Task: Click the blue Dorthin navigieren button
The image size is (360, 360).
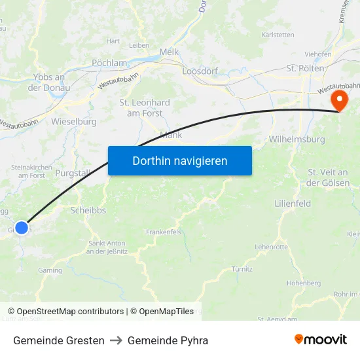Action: click(x=179, y=160)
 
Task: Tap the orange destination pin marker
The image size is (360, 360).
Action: click(x=340, y=100)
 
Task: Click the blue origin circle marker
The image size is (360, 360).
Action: click(x=22, y=227)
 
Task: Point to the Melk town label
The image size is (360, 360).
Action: click(x=170, y=52)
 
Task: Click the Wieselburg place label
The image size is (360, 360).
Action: click(x=73, y=122)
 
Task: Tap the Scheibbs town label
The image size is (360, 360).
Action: click(x=88, y=211)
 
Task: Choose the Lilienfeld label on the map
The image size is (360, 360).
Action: click(x=293, y=204)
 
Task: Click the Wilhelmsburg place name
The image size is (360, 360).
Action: click(x=297, y=139)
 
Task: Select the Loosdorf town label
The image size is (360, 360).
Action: click(x=200, y=70)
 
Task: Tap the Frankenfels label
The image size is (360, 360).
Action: click(x=163, y=232)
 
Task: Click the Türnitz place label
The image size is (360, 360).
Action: click(x=242, y=269)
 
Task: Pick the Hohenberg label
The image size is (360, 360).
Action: click(x=304, y=283)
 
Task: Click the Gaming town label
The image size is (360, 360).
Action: click(x=50, y=270)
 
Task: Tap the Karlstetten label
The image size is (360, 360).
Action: click(x=277, y=35)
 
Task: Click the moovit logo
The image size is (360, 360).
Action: click(x=321, y=340)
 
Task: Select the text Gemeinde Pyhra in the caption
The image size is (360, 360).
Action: click(x=168, y=340)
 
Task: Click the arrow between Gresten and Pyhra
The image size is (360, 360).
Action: click(x=116, y=340)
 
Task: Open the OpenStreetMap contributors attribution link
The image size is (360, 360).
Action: click(x=70, y=312)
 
